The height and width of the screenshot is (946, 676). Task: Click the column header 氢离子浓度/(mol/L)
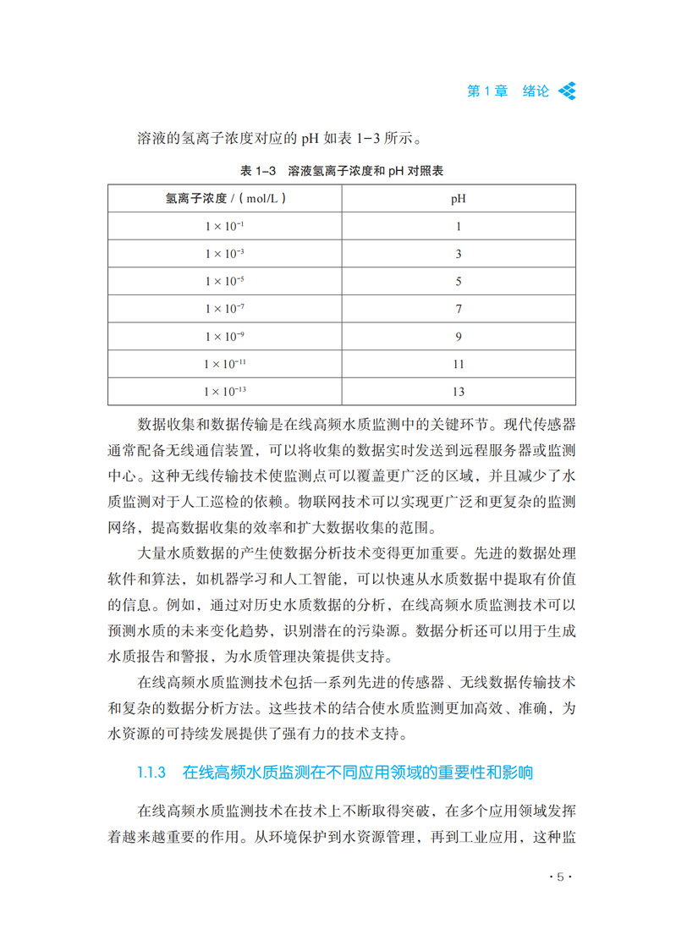pos(224,200)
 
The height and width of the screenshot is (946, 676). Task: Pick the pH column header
pos(459,200)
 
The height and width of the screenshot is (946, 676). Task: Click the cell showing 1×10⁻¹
pos(224,227)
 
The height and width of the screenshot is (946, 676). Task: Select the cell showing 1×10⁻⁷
pos(224,309)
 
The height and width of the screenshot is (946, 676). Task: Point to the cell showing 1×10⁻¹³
pos(224,391)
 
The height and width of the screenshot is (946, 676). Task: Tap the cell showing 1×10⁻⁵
pos(224,282)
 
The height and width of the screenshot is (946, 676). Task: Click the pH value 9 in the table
pos(459,337)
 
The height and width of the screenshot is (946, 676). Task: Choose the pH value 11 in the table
pos(459,364)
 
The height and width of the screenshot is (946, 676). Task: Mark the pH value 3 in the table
pos(459,255)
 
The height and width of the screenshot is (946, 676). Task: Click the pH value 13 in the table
pos(459,392)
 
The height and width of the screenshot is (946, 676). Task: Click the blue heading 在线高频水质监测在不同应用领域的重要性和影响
pos(358,772)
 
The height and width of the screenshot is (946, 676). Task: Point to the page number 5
pos(559,877)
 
